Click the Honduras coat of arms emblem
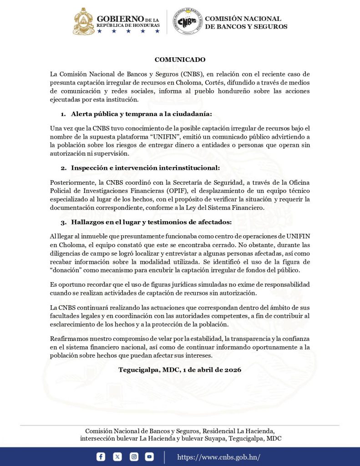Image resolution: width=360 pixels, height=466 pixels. [x=84, y=21]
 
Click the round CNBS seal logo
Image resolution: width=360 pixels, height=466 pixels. [x=188, y=21]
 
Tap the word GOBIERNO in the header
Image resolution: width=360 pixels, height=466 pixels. [x=120, y=19]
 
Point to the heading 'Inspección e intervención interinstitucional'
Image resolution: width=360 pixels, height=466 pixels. [x=145, y=167]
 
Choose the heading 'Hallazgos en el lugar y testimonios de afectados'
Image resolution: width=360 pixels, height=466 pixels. [x=151, y=222]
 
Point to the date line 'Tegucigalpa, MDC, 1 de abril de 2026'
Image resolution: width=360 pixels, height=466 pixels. [x=180, y=370]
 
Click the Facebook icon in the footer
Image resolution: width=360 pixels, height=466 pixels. [x=101, y=457]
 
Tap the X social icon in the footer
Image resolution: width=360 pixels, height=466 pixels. [x=117, y=457]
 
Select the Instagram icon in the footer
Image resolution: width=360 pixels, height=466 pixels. [x=134, y=457]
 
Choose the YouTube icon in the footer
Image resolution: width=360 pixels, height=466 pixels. [x=149, y=457]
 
